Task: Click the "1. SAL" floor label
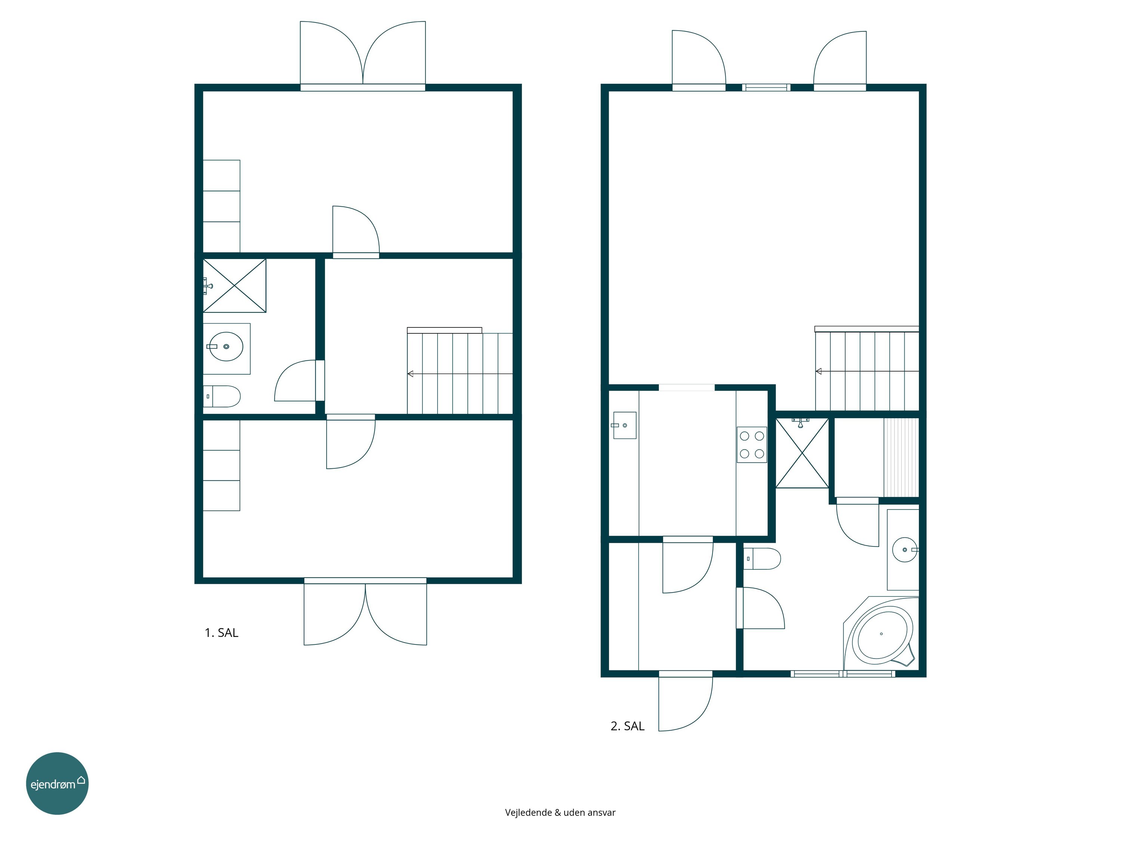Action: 222,633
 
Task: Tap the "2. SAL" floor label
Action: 627,726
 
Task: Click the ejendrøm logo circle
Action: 57,783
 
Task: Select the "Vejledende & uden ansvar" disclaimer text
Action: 560,812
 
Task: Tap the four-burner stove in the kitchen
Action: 751,444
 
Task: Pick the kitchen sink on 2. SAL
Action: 624,425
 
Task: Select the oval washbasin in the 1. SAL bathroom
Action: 226,347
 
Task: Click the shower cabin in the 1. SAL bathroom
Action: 235,286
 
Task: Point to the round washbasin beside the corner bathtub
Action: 905,549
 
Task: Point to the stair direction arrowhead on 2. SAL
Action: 818,372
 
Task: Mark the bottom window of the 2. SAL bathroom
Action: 843,674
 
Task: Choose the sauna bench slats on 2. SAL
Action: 901,457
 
